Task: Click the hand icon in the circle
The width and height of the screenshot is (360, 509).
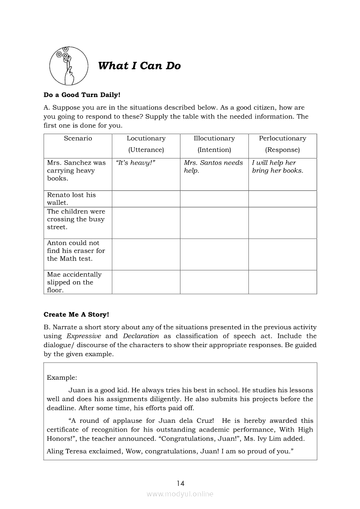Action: click(68, 66)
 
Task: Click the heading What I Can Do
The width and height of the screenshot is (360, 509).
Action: click(139, 66)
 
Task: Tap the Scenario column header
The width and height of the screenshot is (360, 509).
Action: click(78, 138)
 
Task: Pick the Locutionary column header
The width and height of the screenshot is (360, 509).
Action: click(146, 144)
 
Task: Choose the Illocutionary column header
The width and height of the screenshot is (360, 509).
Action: click(214, 144)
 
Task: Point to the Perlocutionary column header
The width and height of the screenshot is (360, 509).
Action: click(282, 144)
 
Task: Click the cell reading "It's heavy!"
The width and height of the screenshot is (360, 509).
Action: click(136, 163)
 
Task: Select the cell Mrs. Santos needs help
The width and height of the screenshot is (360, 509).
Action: click(213, 166)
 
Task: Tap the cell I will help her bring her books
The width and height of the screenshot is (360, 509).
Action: click(277, 166)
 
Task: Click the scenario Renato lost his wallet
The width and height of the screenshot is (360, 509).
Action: click(71, 199)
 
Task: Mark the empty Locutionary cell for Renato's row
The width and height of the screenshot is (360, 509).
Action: click(146, 199)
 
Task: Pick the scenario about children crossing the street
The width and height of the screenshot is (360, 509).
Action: click(76, 219)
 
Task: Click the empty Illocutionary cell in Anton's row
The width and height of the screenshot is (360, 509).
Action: click(214, 254)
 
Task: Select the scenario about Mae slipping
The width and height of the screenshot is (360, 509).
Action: click(74, 282)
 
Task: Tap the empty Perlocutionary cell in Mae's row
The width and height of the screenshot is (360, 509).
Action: click(282, 282)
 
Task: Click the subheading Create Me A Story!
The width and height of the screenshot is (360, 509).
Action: click(76, 314)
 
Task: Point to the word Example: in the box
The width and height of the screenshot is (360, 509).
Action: click(62, 378)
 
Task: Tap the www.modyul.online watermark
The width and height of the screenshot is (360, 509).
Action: click(180, 494)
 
